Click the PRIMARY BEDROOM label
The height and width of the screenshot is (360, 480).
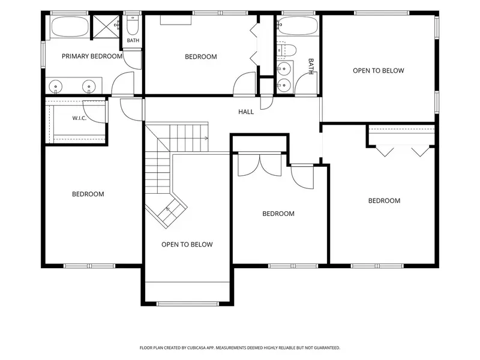[x=92, y=56]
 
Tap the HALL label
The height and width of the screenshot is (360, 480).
[x=246, y=112]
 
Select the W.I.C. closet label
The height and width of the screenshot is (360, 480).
[x=79, y=118]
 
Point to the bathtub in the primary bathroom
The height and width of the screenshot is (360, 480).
[x=70, y=26]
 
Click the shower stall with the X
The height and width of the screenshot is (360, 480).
[x=106, y=26]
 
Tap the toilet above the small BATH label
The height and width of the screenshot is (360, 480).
[x=133, y=26]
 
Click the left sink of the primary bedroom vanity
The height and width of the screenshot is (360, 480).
[x=55, y=86]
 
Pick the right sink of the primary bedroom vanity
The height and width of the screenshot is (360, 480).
[x=89, y=86]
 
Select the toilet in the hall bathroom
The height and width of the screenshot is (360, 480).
[x=287, y=50]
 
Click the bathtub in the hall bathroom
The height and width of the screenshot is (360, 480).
[x=298, y=26]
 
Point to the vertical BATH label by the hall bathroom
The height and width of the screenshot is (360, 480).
[x=311, y=67]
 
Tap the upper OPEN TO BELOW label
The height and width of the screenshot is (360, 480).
[x=379, y=71]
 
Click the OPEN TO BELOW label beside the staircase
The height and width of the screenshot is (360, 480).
[x=187, y=245]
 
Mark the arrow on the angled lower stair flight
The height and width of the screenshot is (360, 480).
[x=169, y=209]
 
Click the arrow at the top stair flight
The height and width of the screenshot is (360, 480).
[x=206, y=139]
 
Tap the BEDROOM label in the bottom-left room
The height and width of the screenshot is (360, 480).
[x=88, y=194]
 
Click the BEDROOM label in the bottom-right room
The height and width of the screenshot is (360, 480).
[x=384, y=201]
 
